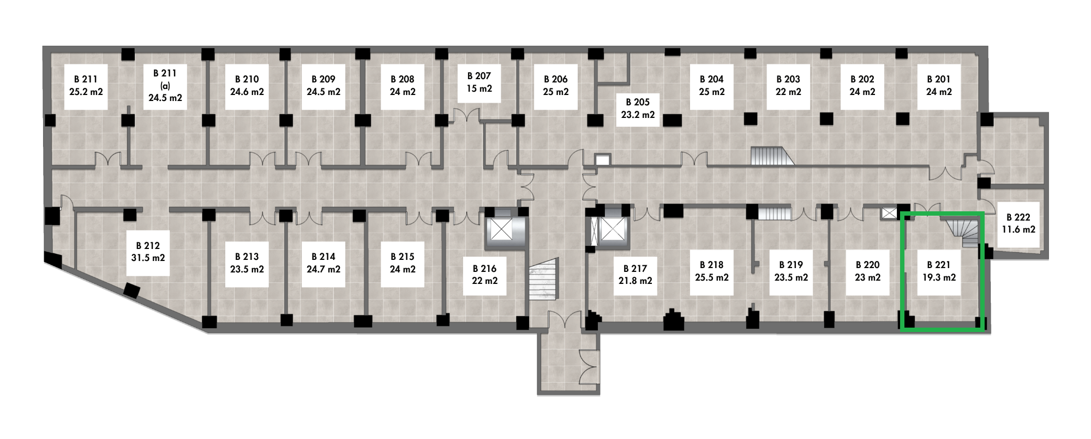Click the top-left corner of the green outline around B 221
tap(901, 213)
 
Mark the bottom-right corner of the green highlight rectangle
tap(983, 330)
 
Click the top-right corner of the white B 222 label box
tap(1040, 201)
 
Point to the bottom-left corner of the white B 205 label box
tap(616, 127)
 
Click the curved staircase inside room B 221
tap(963, 232)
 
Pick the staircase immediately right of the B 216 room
tap(544, 279)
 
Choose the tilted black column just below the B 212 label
tap(131, 290)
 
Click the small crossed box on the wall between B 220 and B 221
tap(889, 213)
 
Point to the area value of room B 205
tap(638, 115)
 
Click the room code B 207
tap(479, 76)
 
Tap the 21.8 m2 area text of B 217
tap(636, 281)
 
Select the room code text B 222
tap(1018, 217)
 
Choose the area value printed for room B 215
tap(403, 269)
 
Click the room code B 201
tap(939, 79)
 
